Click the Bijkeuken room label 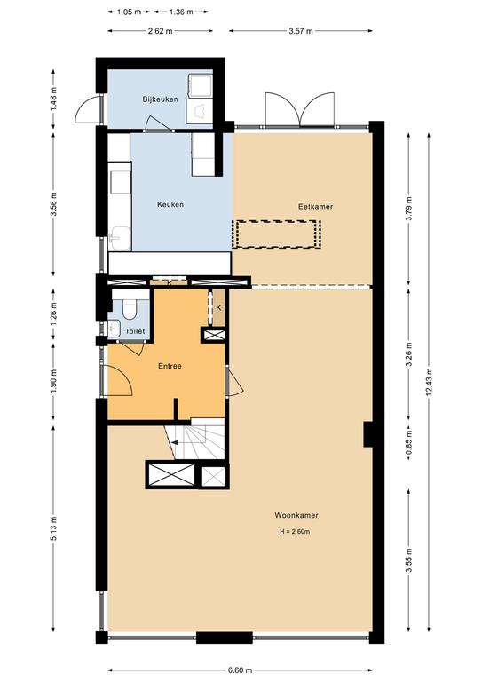[161, 99]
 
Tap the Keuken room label [170, 205]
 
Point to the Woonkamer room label [296, 515]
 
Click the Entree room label [170, 366]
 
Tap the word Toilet [134, 331]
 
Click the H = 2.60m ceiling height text [294, 532]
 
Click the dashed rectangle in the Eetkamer [277, 234]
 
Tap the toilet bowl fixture [130, 308]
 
